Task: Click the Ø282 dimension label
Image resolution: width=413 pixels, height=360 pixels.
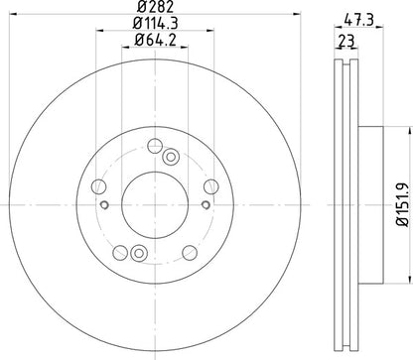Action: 154,8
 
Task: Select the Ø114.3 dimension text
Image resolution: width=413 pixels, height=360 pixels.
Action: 154,25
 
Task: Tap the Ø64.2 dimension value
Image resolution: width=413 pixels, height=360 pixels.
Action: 154,42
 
